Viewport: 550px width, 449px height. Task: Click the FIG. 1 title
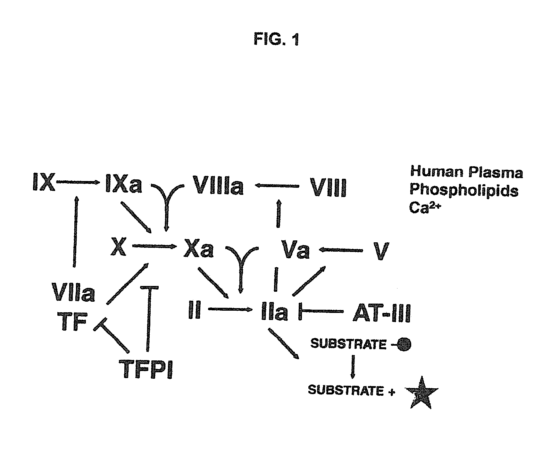pos(276,40)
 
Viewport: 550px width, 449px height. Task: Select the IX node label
pos(44,182)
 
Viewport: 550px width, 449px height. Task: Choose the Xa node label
pos(199,249)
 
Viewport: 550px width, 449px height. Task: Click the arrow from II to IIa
pos(229,309)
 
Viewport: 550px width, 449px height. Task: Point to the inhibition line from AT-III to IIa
pos(321,311)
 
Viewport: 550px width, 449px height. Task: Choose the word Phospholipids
pos(464,191)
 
